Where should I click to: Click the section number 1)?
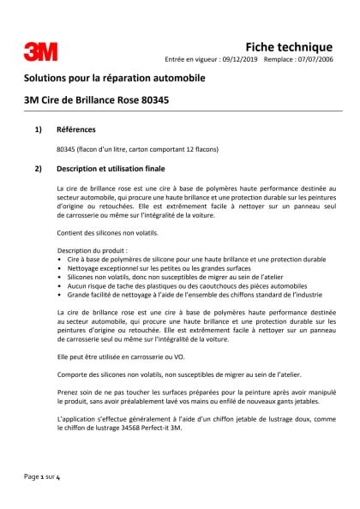[x=38, y=129]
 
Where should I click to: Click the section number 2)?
[x=38, y=168]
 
